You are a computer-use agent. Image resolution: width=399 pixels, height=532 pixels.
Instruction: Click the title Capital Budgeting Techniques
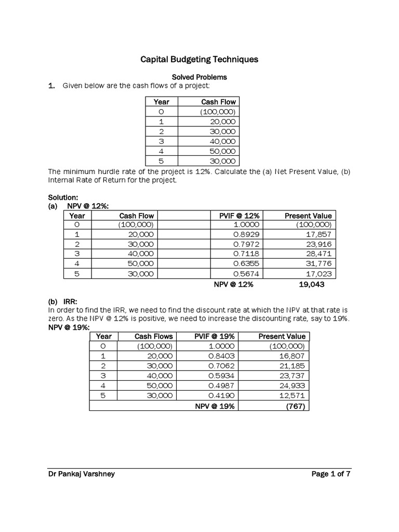199,60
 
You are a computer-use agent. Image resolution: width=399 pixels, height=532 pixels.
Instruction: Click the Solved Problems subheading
199,77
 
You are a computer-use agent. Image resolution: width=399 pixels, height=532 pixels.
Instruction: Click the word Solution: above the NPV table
63,198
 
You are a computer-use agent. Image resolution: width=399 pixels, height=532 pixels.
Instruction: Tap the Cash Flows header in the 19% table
153,337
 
